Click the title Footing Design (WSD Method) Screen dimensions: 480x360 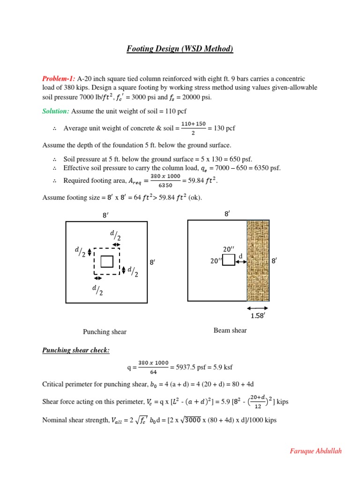pyautogui.click(x=180, y=49)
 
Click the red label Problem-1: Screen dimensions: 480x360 pyautogui.click(x=59, y=79)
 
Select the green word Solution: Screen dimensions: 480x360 pyautogui.click(x=56, y=111)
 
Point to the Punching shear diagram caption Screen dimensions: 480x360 pyautogui.click(x=105, y=332)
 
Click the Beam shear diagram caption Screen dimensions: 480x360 pyautogui.click(x=230, y=330)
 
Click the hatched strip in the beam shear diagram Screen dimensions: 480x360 pyautogui.click(x=258, y=260)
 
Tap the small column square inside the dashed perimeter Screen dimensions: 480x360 pyautogui.click(x=107, y=261)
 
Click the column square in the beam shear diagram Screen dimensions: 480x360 pyautogui.click(x=228, y=260)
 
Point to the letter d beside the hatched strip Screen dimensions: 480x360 pyautogui.click(x=241, y=256)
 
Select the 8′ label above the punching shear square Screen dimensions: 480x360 pyautogui.click(x=106, y=215)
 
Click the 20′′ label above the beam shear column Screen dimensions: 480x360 pyautogui.click(x=229, y=249)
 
